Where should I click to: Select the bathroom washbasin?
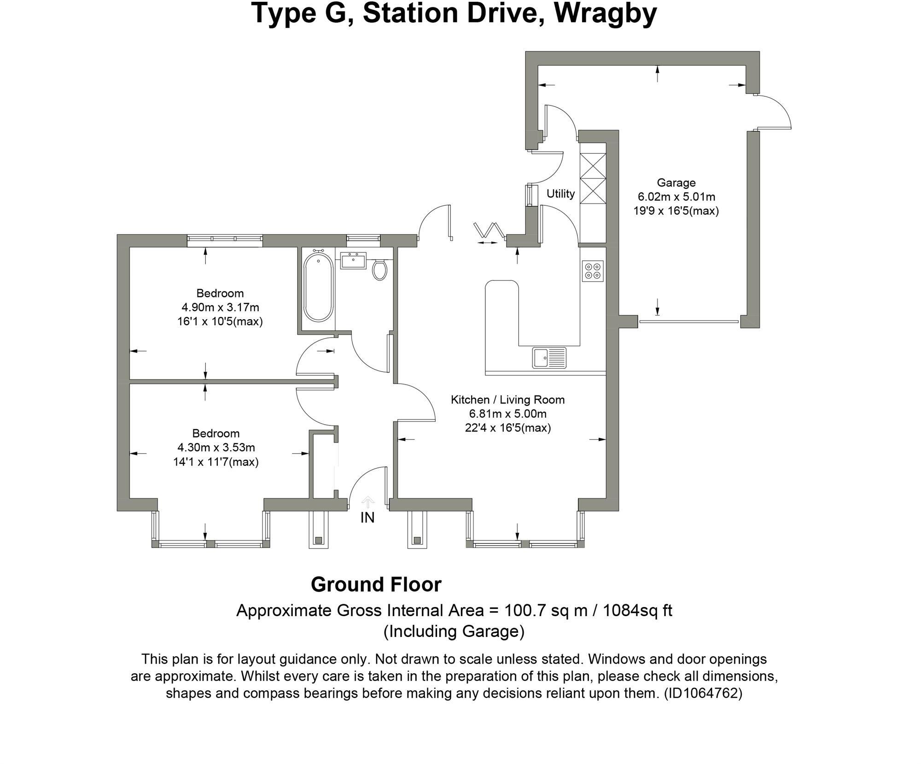[x=353, y=260]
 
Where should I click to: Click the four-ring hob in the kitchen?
[x=592, y=271]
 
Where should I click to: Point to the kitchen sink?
[x=549, y=358]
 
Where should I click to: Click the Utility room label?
[x=560, y=194]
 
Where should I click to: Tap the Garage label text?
[x=676, y=183]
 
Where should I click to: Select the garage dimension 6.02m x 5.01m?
[x=676, y=197]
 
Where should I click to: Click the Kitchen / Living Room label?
[x=507, y=400]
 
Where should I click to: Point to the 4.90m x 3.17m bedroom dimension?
[x=220, y=307]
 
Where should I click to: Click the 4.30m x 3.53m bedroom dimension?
[x=216, y=448]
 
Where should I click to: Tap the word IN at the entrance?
[x=367, y=518]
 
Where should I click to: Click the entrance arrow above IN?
[x=367, y=502]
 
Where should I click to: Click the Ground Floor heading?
[x=376, y=585]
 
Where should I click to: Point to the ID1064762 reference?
[x=703, y=693]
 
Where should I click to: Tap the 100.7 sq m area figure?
[x=546, y=611]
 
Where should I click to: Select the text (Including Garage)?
[x=454, y=631]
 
